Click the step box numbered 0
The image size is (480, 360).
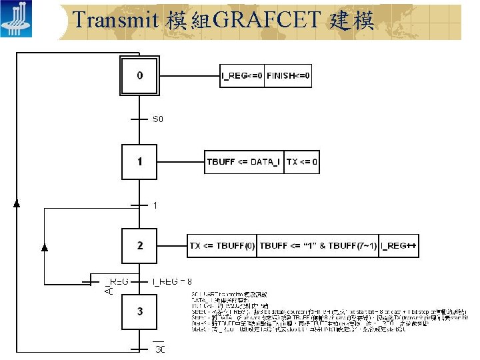(139, 76)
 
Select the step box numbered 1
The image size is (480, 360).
(139, 162)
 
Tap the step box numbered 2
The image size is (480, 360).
(139, 246)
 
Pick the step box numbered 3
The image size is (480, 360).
(139, 311)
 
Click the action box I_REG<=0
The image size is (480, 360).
(242, 76)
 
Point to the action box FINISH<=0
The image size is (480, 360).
(288, 76)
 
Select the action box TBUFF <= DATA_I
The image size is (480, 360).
(244, 162)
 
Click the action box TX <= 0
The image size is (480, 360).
(302, 162)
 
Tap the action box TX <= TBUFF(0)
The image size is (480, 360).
(222, 246)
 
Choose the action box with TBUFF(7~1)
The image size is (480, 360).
(317, 246)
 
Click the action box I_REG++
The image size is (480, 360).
(399, 246)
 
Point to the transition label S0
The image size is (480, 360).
(158, 120)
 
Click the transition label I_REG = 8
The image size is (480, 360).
(172, 281)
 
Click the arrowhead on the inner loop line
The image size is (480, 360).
(45, 246)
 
